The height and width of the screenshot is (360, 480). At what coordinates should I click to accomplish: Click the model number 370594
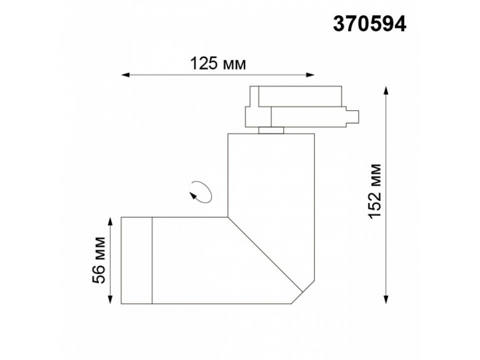(x=370, y=23)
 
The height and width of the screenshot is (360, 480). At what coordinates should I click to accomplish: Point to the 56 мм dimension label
(x=100, y=260)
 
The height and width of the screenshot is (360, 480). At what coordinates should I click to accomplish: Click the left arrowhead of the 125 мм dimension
(x=125, y=75)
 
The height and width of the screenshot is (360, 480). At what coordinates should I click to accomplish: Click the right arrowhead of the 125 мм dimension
(x=310, y=75)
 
